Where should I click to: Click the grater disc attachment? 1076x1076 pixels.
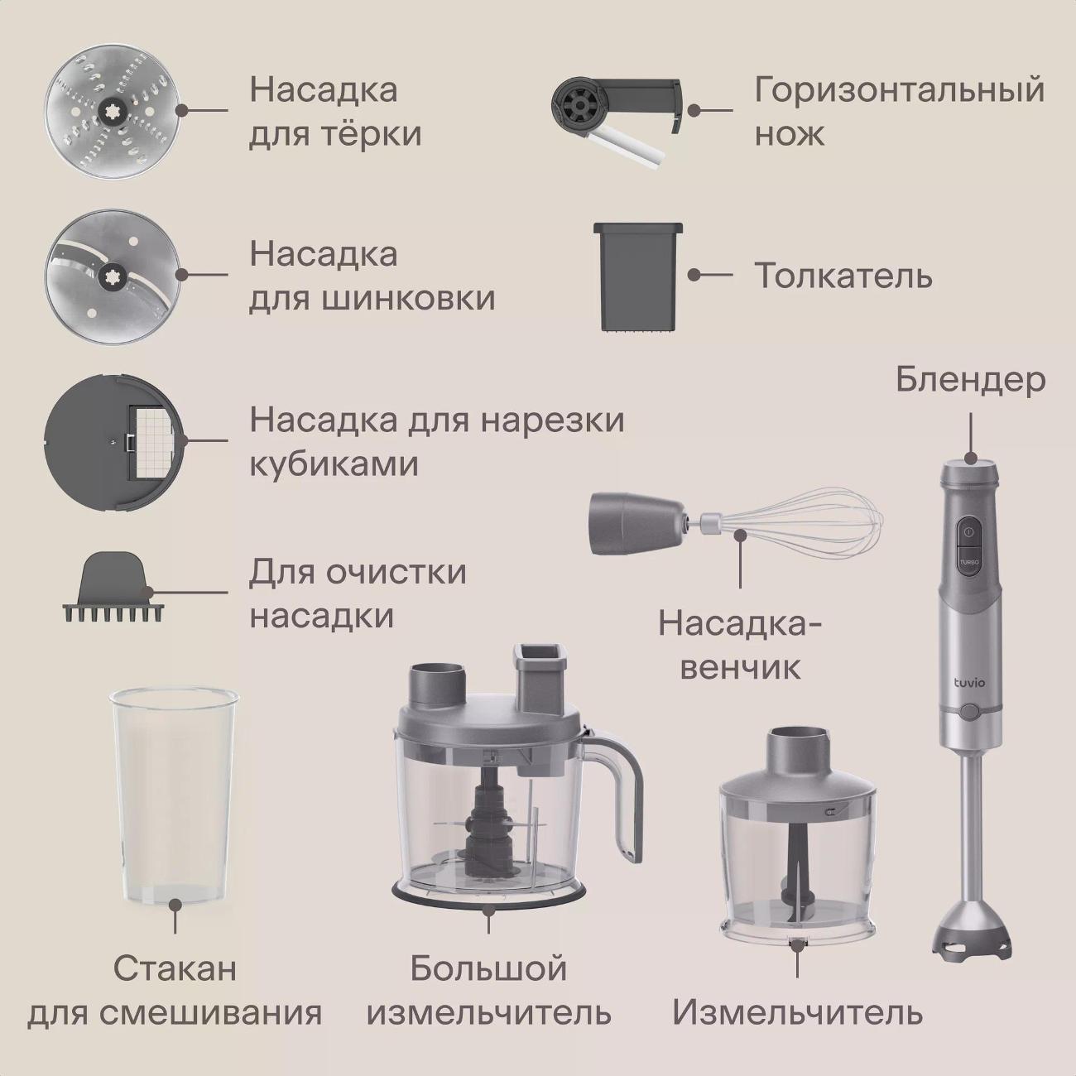pos(115,112)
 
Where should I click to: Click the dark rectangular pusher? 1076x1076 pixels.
pos(638,277)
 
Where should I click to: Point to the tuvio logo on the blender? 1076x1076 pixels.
pos(968,683)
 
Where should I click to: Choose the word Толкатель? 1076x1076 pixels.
pos(843,276)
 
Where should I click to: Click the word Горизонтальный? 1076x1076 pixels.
pos(899,91)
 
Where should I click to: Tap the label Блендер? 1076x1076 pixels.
pos(970,381)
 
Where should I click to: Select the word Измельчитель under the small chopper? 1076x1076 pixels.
pos(797,1012)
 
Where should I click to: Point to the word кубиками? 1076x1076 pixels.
pos(334,464)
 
